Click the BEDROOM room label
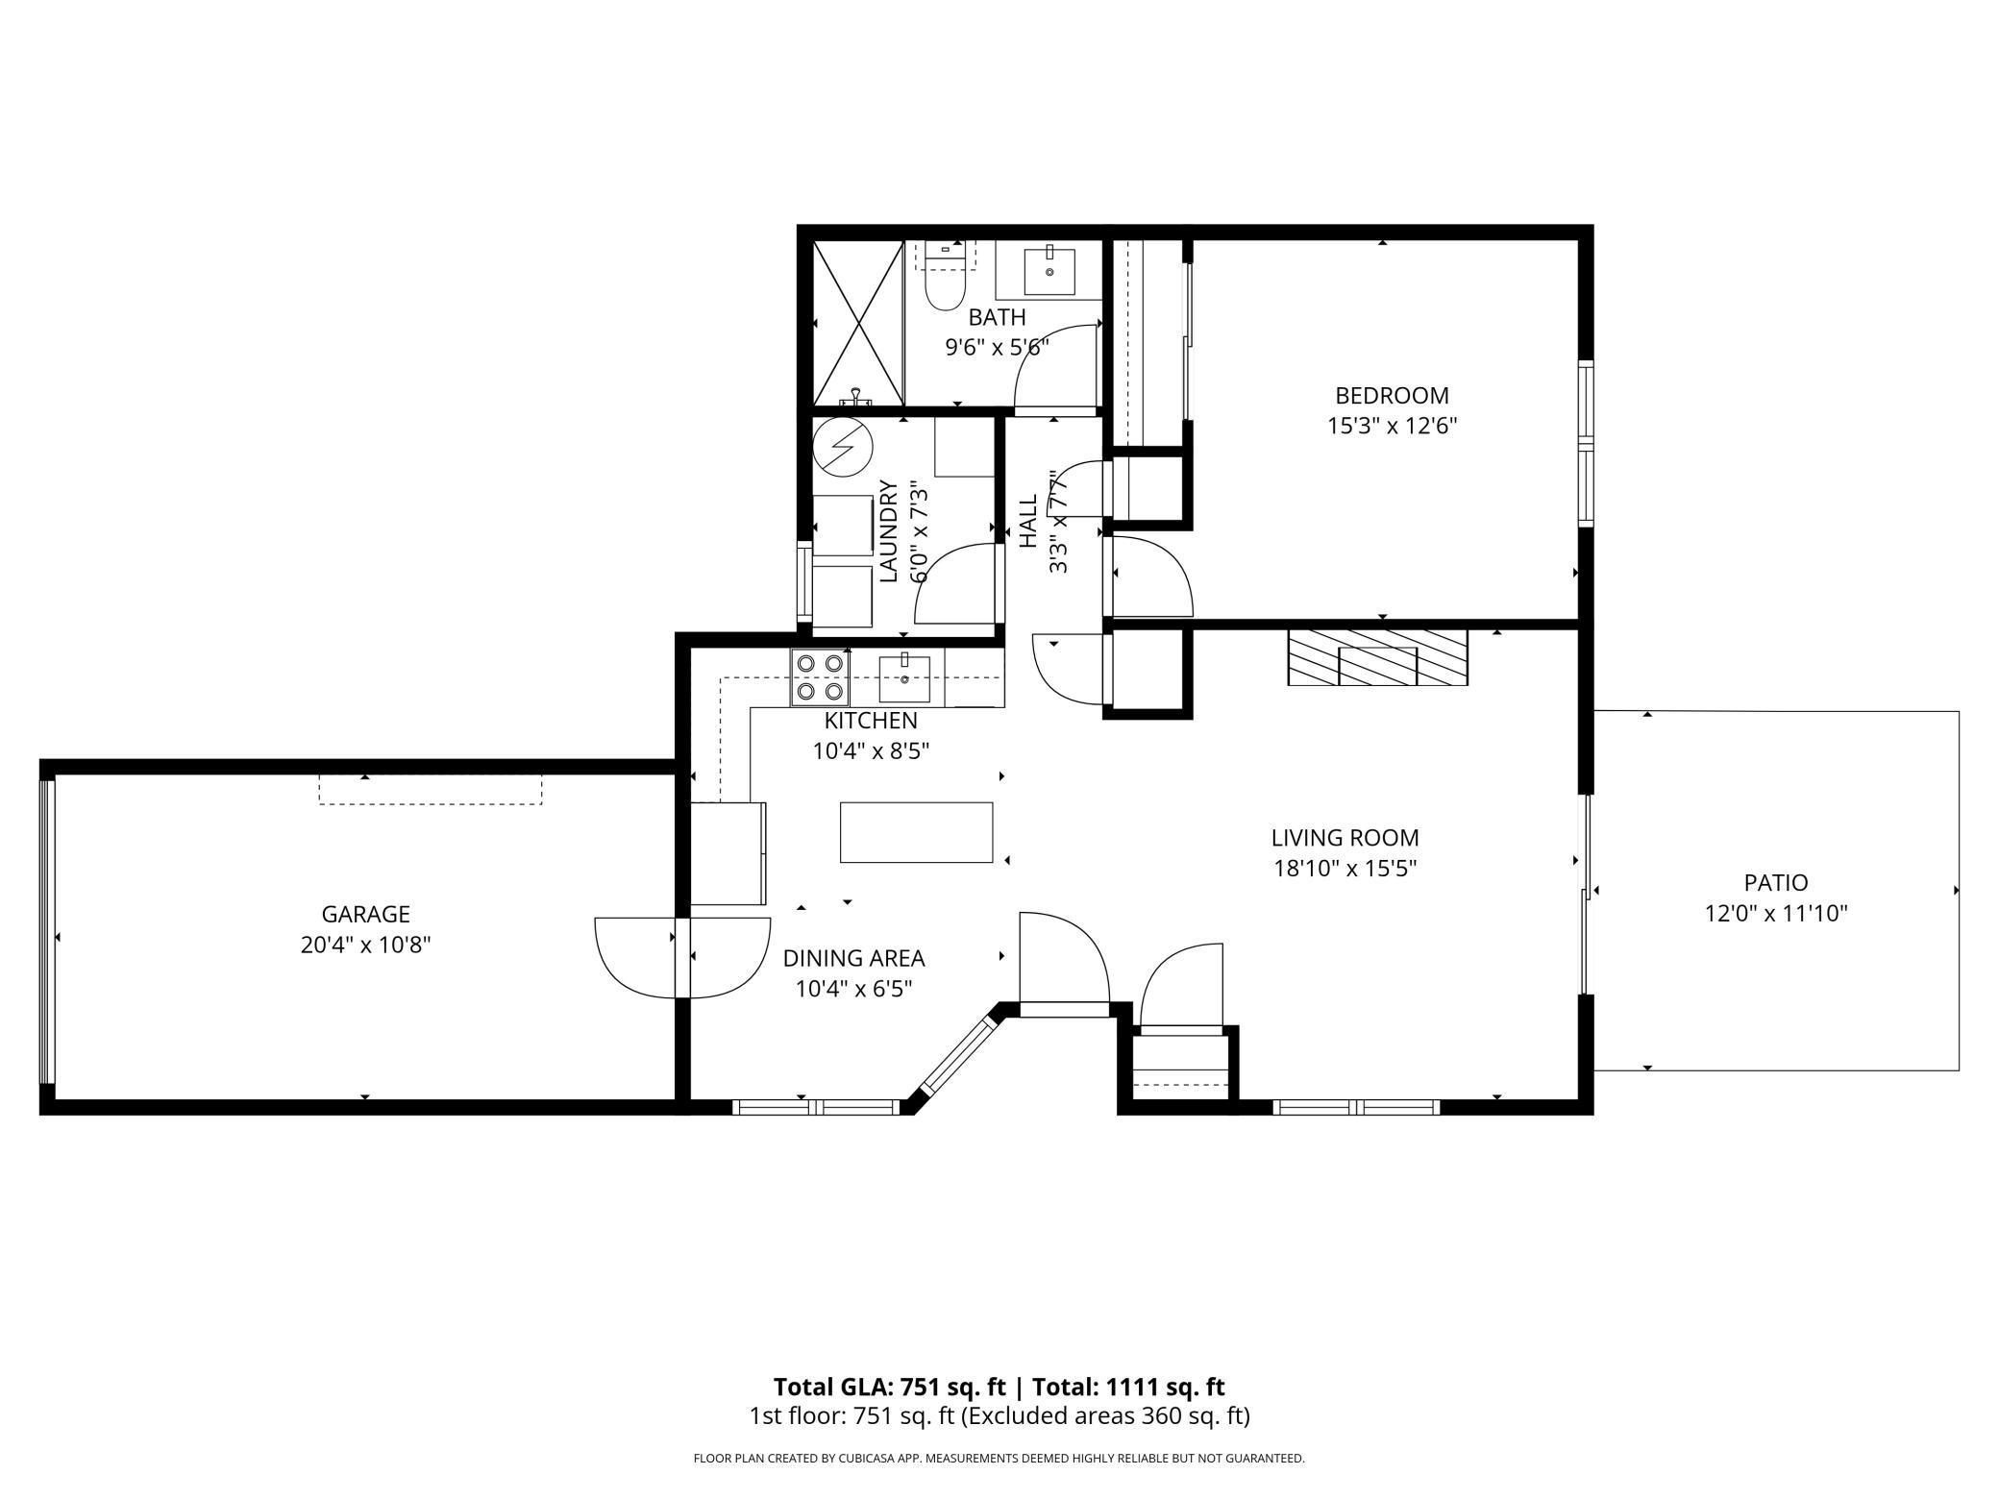[1392, 395]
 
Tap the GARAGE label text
[365, 914]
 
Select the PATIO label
[1776, 882]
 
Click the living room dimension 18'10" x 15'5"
[1345, 869]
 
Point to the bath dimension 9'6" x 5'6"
[997, 347]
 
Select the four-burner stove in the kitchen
[820, 677]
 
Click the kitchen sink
[904, 677]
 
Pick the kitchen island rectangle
[916, 832]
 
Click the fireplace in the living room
[1377, 657]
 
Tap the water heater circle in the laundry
[842, 448]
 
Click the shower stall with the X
[858, 322]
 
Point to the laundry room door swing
[954, 584]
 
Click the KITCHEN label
[871, 720]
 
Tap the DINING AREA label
[853, 958]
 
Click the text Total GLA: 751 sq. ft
[889, 1387]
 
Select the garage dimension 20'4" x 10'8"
[365, 946]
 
